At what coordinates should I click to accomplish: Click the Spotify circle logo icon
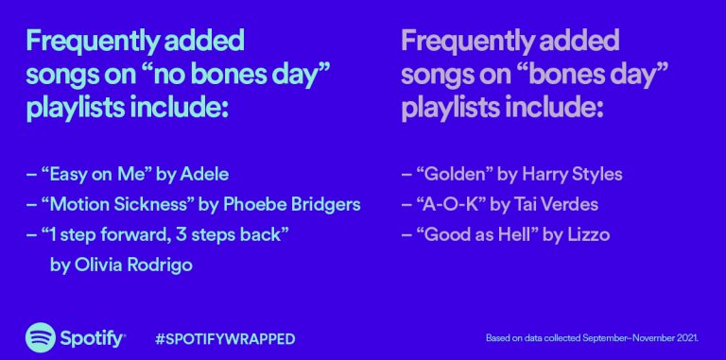click(x=41, y=337)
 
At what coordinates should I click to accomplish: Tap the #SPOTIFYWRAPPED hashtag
click(x=225, y=338)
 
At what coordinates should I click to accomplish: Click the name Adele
click(x=204, y=175)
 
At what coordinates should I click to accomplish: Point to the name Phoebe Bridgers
click(x=292, y=205)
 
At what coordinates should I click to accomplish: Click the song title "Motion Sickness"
click(x=117, y=204)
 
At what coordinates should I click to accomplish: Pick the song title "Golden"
click(x=454, y=175)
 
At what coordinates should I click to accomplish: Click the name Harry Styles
click(x=572, y=175)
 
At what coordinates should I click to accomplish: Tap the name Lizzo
click(x=589, y=234)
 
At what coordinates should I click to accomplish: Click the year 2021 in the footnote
click(x=686, y=338)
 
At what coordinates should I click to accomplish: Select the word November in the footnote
click(x=652, y=338)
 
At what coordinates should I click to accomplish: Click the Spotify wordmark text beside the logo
click(x=92, y=339)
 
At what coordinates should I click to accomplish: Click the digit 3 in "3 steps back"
click(x=181, y=234)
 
